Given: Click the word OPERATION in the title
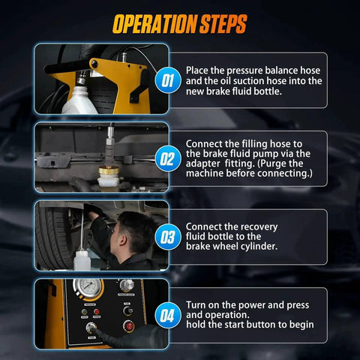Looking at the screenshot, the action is [155, 24].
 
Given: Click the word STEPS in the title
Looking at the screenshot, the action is [223, 24].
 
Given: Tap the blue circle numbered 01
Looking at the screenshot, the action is [168, 80].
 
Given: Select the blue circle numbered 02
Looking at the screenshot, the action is [168, 158].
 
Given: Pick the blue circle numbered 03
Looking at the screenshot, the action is [168, 237].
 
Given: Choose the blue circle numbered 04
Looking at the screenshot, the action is [168, 315].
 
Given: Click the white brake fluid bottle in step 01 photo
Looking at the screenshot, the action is [79, 100].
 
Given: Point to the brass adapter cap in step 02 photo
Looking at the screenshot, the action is [109, 171].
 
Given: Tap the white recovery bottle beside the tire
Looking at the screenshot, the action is [82, 260].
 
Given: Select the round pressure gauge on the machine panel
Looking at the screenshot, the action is [88, 287].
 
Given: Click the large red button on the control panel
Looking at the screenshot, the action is [129, 326].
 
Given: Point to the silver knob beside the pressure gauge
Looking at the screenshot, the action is [127, 284].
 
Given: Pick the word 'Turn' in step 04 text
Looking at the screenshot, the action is [196, 305].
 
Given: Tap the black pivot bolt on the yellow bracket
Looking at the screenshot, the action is [94, 64].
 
